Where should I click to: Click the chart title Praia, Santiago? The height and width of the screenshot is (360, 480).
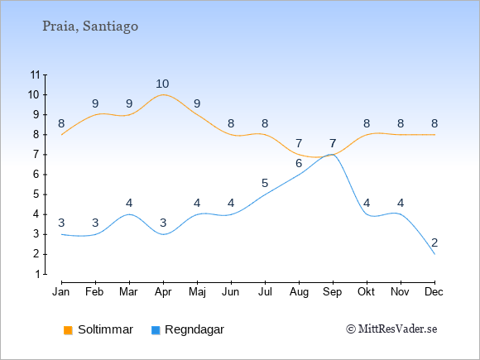(x=90, y=26)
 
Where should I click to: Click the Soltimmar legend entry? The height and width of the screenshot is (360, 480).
(x=98, y=329)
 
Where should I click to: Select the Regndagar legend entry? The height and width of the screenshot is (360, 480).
(x=188, y=329)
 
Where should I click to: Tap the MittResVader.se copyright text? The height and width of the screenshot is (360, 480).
(x=391, y=329)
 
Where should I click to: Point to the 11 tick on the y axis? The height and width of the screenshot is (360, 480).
(x=36, y=74)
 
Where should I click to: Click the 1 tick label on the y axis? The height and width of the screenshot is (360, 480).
(x=37, y=274)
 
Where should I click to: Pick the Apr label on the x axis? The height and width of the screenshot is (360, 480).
(x=163, y=292)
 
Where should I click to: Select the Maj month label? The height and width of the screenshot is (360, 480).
(x=197, y=292)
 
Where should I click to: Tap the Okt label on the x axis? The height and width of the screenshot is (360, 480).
(x=367, y=292)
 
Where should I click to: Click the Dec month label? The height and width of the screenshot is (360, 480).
(x=434, y=292)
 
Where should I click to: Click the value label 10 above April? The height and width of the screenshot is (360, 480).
(x=162, y=84)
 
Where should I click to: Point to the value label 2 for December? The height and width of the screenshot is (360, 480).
(x=434, y=242)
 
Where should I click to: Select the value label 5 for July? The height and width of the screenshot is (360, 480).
(x=265, y=183)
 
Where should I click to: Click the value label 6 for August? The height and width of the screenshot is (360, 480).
(x=299, y=163)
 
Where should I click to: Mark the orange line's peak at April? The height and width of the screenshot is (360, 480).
(x=163, y=94)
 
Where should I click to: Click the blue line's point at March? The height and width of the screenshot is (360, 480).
(x=129, y=214)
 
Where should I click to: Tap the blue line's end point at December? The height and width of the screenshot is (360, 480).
(x=434, y=254)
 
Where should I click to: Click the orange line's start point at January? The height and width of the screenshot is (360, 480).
(x=61, y=135)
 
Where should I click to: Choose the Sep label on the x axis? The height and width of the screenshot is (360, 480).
(x=333, y=292)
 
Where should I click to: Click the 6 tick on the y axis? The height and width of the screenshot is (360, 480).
(x=37, y=175)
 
